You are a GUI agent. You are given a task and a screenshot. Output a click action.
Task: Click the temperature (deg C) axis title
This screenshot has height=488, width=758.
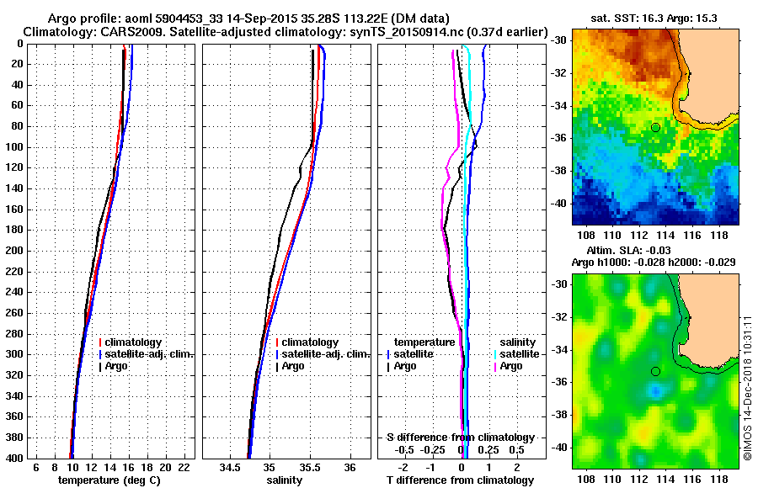109,480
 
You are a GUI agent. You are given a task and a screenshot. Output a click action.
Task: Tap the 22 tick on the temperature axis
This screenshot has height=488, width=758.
184,467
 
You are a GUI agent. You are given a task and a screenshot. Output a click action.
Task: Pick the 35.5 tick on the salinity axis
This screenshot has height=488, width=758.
310,467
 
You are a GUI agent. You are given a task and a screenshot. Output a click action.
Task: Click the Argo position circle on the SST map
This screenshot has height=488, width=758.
655,127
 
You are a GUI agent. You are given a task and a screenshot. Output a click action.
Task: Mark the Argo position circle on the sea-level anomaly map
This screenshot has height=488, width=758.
655,371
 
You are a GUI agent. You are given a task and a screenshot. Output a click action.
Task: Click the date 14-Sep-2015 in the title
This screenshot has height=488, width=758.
254,19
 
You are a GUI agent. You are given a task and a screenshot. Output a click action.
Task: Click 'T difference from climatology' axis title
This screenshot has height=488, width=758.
460,480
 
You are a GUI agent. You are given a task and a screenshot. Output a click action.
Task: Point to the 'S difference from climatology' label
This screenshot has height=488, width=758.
460,438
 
